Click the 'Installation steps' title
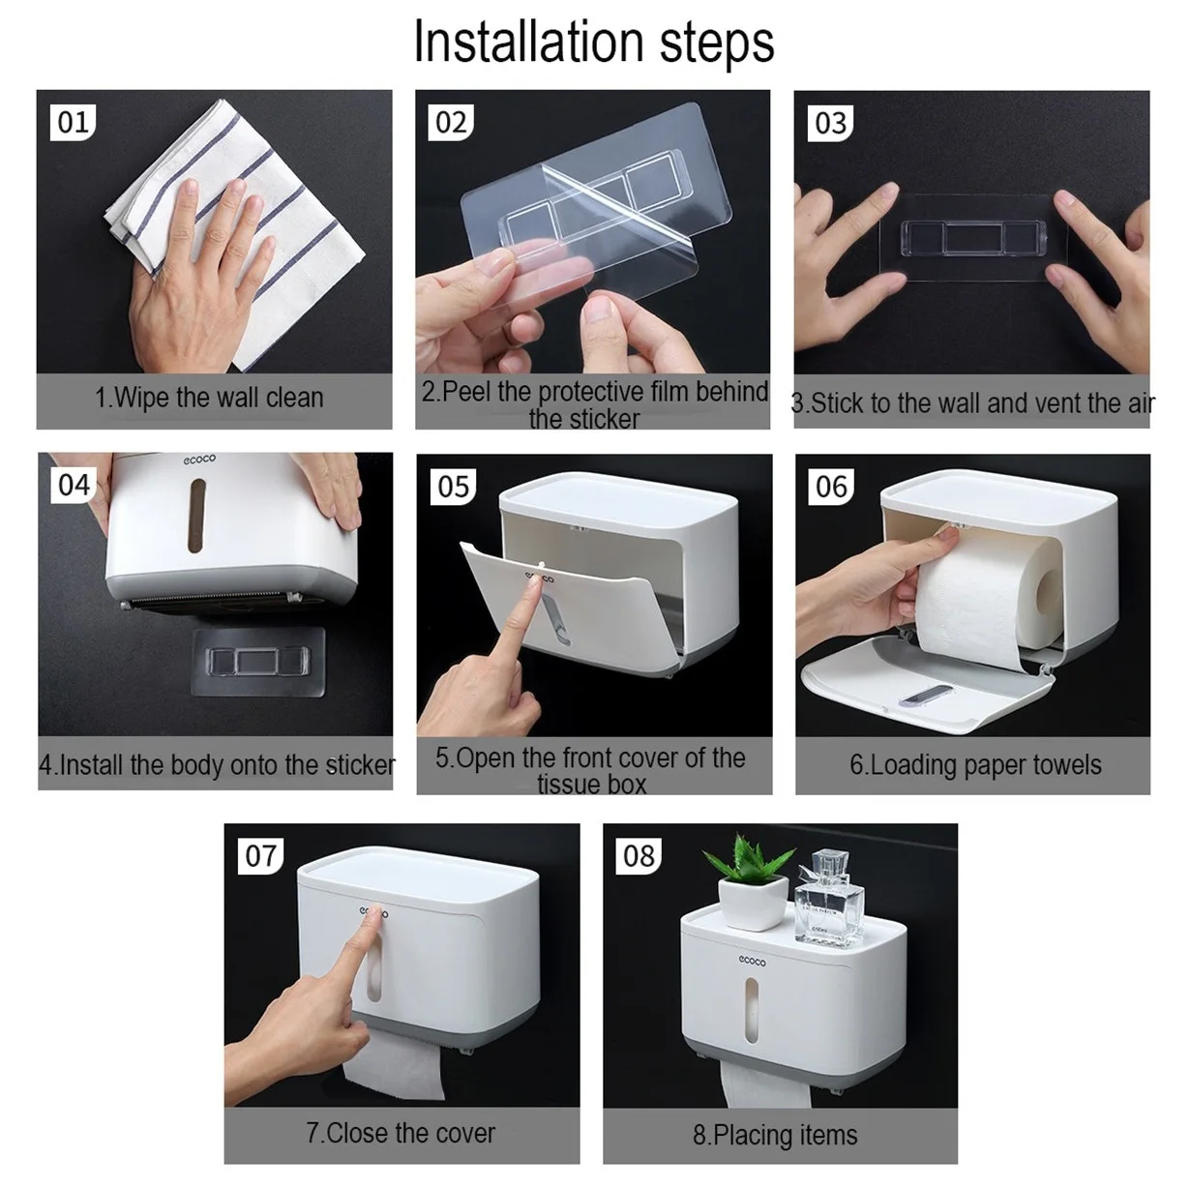(x=593, y=42)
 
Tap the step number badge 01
(x=73, y=122)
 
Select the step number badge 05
(x=454, y=487)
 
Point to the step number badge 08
(x=639, y=856)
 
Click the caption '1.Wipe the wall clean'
(x=209, y=398)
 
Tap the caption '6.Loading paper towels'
(x=975, y=765)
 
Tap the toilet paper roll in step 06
(x=988, y=593)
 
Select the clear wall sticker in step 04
(x=258, y=662)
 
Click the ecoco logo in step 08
(x=752, y=961)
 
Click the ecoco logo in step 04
(x=199, y=459)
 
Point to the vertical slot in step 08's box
(x=751, y=1010)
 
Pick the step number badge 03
(x=831, y=123)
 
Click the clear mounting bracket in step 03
(x=974, y=238)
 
